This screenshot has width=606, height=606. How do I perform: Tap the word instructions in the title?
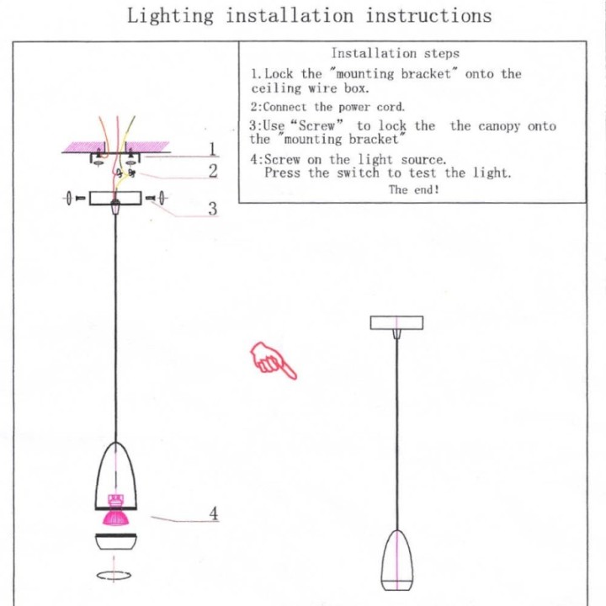[428, 16]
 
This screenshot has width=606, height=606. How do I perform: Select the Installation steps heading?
[395, 53]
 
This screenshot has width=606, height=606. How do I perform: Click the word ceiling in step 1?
[275, 88]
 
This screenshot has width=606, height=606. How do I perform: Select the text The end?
[413, 190]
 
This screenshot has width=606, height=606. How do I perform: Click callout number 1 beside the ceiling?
[213, 149]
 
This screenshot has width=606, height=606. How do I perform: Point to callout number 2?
[213, 171]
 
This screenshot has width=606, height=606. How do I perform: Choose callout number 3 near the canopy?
[213, 208]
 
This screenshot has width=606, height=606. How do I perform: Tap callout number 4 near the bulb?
[214, 512]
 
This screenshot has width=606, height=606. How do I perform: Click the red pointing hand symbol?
[273, 360]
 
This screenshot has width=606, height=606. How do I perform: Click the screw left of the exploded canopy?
[72, 199]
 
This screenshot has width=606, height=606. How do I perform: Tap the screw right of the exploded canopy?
[157, 199]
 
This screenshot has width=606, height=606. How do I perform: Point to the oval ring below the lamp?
[114, 577]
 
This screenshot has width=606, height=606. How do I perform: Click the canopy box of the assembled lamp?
[396, 322]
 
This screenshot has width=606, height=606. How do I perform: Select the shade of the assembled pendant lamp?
[396, 560]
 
